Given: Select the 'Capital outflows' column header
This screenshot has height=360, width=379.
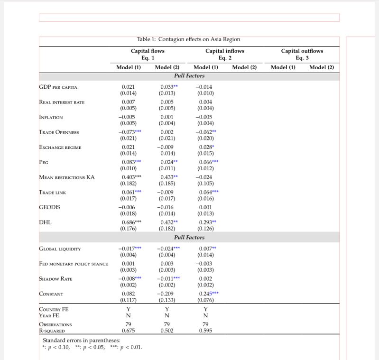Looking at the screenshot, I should pyautogui.click(x=302, y=51).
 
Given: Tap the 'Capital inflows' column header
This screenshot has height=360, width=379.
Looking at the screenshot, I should pyautogui.click(x=225, y=51).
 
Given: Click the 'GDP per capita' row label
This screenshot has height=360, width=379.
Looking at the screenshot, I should pyautogui.click(x=58, y=87).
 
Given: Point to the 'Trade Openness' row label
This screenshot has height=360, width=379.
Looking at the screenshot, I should pyautogui.click(x=59, y=132).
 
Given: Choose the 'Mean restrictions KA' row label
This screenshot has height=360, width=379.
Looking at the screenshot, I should pyautogui.click(x=67, y=177).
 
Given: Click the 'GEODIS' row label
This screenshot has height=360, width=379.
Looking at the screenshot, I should pyautogui.click(x=49, y=207).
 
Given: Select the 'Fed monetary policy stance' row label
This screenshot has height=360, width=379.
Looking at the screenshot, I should pyautogui.click(x=73, y=264).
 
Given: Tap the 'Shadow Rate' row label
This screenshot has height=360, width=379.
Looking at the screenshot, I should pyautogui.click(x=55, y=279).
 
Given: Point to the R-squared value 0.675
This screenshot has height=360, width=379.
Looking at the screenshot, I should pyautogui.click(x=128, y=331).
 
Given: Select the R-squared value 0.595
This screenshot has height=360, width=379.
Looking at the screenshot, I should pyautogui.click(x=205, y=331).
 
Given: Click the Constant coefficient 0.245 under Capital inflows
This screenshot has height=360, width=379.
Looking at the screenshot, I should pyautogui.click(x=205, y=294).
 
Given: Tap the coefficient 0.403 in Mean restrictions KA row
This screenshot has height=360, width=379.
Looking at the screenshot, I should pyautogui.click(x=127, y=177).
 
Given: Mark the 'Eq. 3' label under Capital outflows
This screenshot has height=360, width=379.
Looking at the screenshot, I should pyautogui.click(x=302, y=58).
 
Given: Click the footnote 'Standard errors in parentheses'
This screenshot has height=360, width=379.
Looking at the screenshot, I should pyautogui.click(x=81, y=341).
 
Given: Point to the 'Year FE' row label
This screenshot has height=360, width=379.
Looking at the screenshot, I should pyautogui.click(x=49, y=315).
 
